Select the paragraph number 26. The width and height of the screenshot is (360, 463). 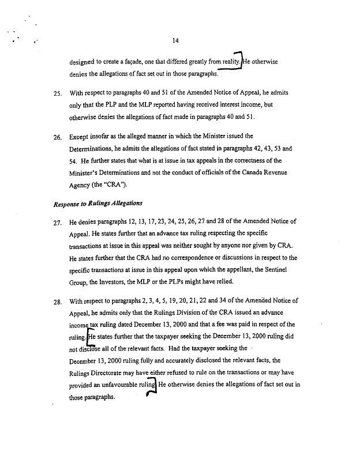(x=58, y=137)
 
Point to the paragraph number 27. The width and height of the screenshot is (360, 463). (x=58, y=222)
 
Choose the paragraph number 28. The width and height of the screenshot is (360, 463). (x=58, y=302)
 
